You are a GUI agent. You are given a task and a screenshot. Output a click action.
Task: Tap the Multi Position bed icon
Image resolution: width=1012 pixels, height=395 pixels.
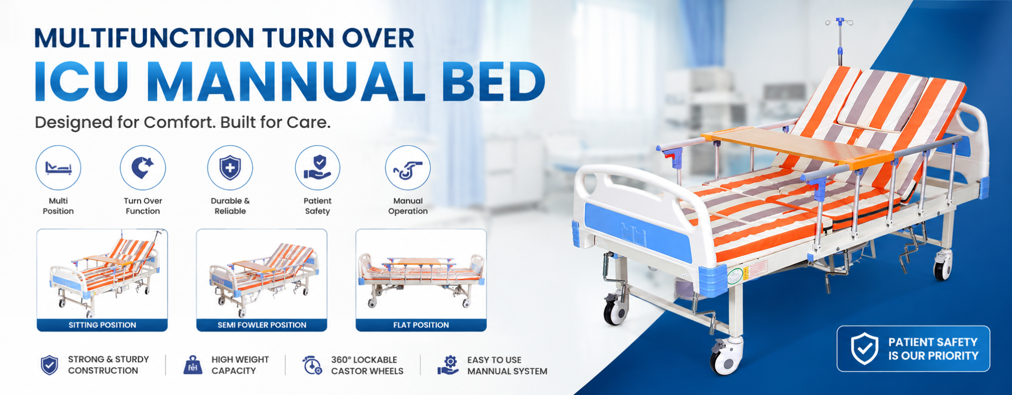[58, 168]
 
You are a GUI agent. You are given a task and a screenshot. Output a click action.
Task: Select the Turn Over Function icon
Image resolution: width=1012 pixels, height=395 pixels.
[143, 168]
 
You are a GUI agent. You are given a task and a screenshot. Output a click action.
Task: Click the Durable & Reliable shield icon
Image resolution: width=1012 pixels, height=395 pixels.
[230, 168]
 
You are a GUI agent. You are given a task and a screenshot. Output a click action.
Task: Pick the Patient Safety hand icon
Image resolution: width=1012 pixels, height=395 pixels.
[317, 168]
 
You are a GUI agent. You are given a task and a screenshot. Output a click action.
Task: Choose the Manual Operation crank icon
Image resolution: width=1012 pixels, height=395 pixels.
[408, 168]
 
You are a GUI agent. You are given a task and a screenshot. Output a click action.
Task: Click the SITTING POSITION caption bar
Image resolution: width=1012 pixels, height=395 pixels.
[102, 325]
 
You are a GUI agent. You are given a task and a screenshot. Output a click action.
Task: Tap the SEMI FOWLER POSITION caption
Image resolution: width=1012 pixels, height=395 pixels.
[262, 325]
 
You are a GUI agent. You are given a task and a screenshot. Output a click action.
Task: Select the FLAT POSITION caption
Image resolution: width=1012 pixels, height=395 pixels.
[421, 325]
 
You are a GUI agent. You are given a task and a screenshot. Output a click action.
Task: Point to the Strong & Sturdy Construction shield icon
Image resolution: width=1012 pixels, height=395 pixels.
[49, 365]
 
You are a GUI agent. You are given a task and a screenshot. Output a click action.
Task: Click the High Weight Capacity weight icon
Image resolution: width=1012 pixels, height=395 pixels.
[193, 365]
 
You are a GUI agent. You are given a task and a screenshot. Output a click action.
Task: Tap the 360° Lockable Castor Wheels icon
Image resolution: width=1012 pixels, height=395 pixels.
[312, 365]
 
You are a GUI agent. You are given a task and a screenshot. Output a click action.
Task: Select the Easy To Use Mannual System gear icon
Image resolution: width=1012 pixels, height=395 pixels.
[448, 365]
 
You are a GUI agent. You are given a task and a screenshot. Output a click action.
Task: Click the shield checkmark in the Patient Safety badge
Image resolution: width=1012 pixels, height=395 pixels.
[864, 348]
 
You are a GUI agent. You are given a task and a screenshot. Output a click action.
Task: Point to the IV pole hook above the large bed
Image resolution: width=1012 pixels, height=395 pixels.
[839, 22]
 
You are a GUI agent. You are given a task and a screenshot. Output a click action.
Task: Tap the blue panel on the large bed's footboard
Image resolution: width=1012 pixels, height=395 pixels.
[638, 231]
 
